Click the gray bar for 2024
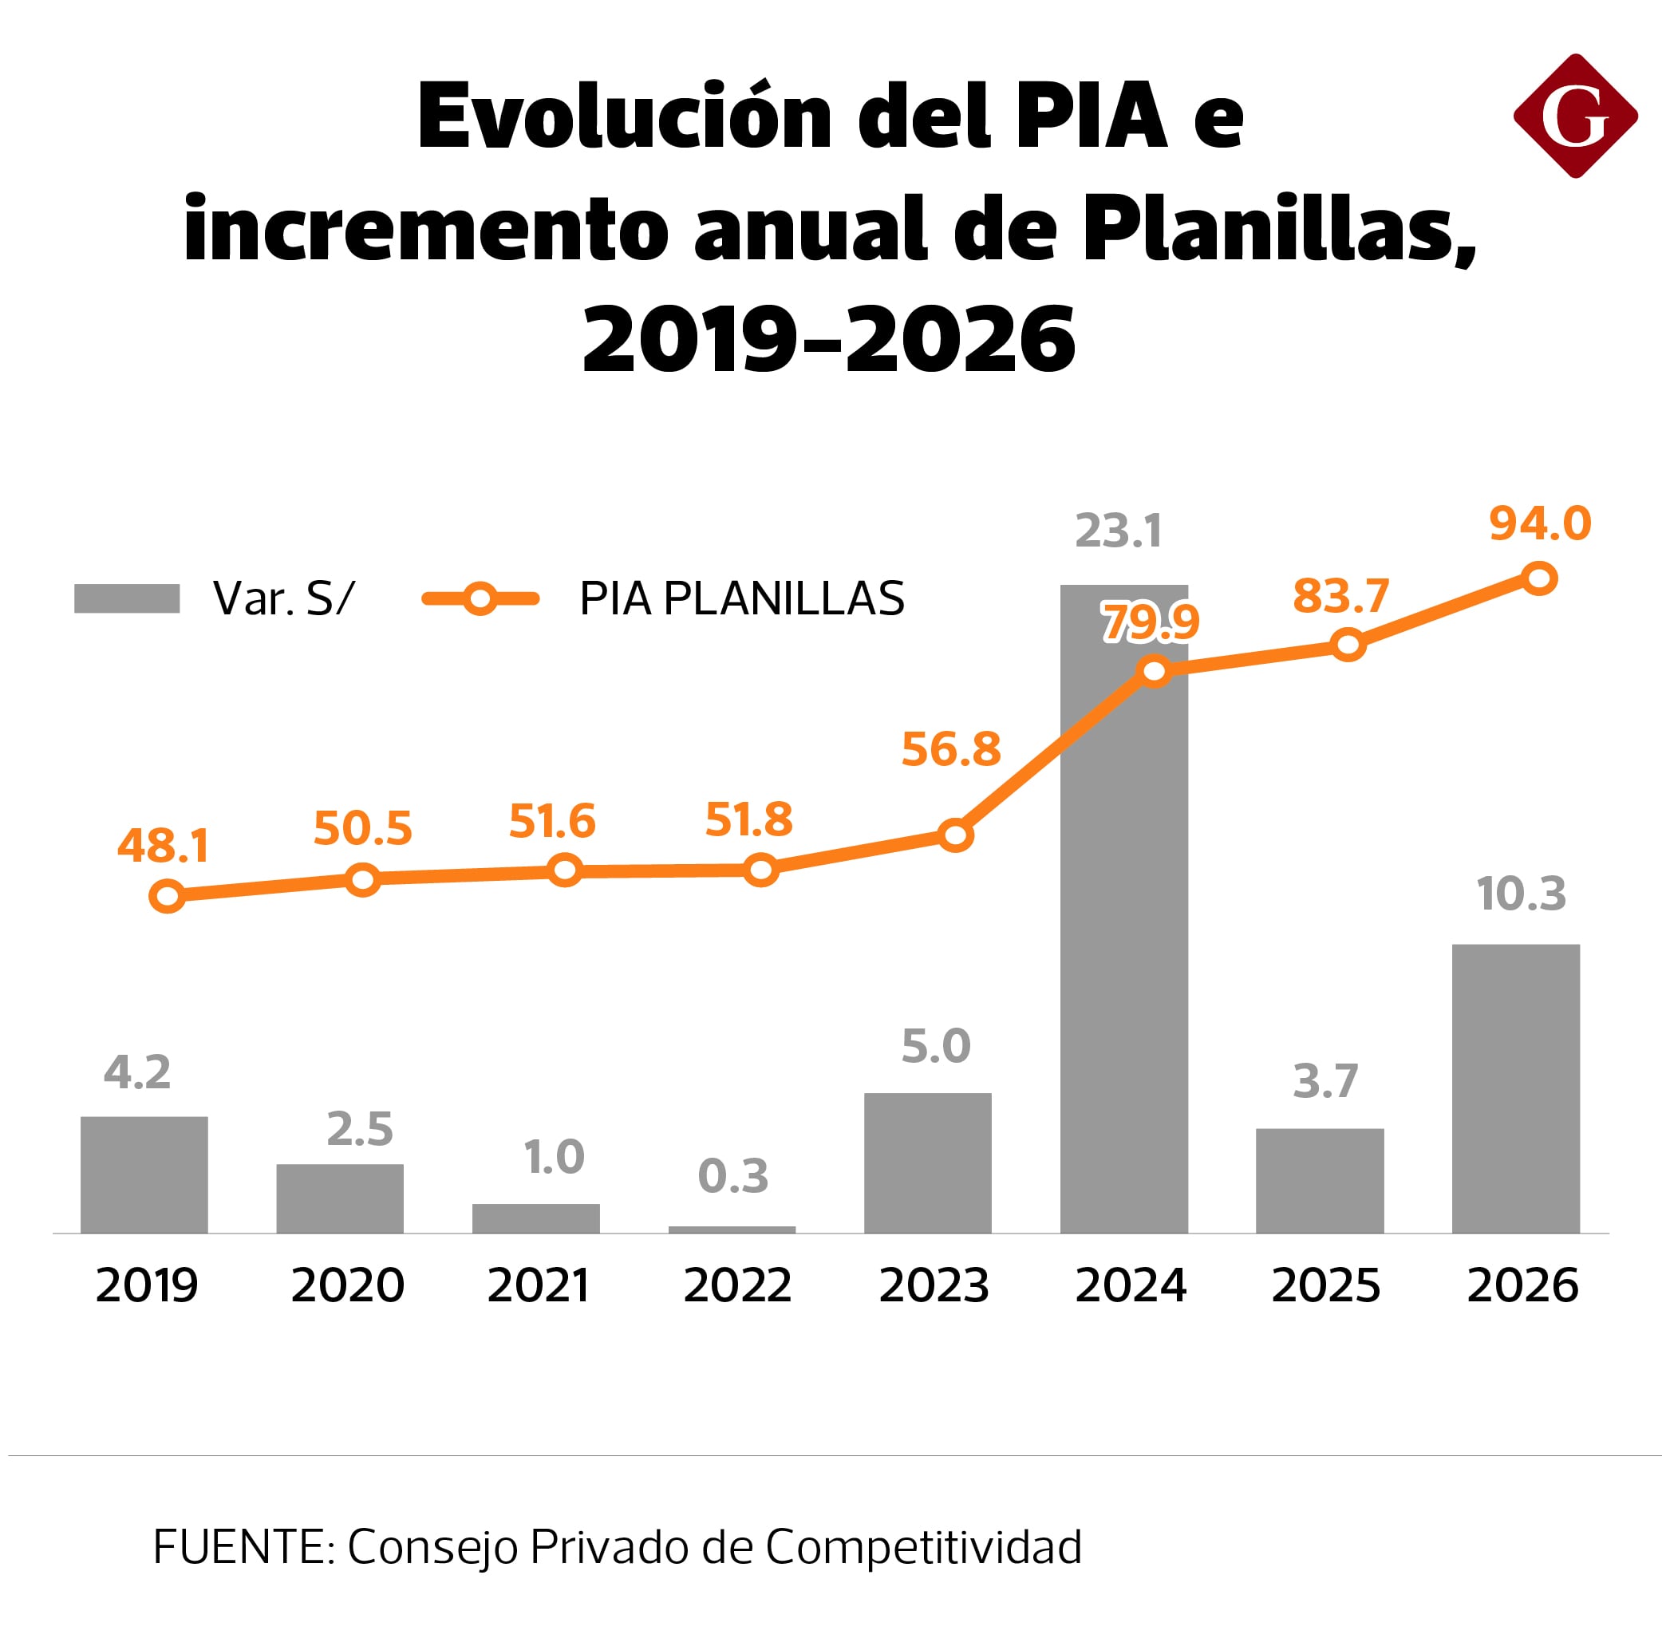tap(1123, 946)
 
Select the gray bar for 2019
tap(144, 1174)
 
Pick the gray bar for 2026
tap(1515, 1088)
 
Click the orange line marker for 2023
tap(955, 835)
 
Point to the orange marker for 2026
tap(1539, 578)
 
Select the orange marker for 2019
tap(167, 896)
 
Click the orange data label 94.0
tap(1539, 523)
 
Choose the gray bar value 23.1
tap(1118, 530)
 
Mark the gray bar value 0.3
tap(732, 1175)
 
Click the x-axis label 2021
tap(538, 1285)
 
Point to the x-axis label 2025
tap(1324, 1285)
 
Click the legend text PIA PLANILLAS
tap(740, 598)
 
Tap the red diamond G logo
tap(1574, 116)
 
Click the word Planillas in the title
tap(1278, 228)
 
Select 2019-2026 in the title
tap(828, 340)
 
